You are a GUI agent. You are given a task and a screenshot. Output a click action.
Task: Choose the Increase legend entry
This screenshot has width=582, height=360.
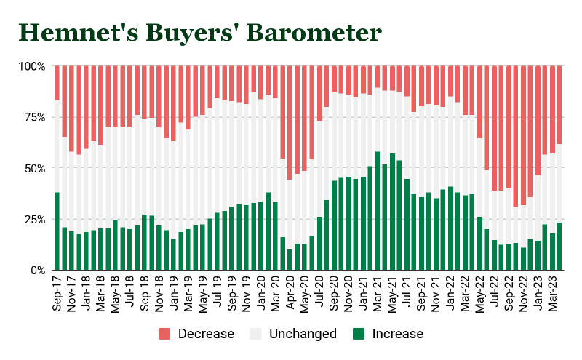point(387,334)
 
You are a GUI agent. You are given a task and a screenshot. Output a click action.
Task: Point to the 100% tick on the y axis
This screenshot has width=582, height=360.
point(31,66)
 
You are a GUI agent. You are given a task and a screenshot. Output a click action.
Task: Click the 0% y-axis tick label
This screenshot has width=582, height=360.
point(37,270)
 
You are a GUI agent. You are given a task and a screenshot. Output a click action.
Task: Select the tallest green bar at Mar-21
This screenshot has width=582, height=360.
point(378,211)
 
